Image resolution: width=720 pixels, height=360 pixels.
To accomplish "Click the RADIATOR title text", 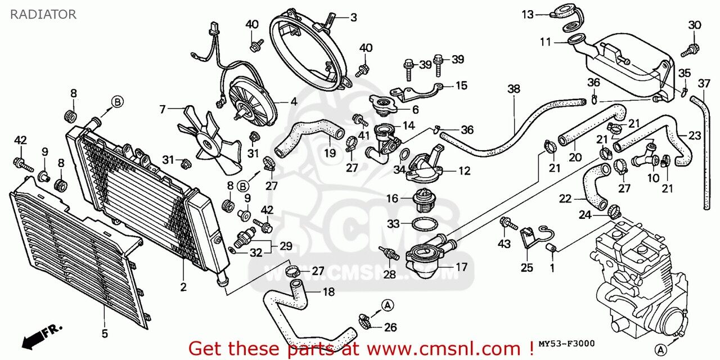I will [x=43, y=15].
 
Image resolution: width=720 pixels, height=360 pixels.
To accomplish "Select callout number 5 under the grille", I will [x=105, y=334].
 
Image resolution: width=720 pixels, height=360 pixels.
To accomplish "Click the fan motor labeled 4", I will [x=253, y=104].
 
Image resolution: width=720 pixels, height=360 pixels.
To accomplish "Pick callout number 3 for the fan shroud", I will [x=353, y=17].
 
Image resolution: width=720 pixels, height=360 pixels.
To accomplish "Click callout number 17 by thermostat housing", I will [x=461, y=267].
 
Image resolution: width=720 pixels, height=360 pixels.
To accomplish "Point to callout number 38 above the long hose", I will [x=514, y=89].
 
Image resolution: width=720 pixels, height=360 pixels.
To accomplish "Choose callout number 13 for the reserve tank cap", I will [x=527, y=14].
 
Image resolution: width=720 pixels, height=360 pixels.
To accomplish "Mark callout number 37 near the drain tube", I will [x=704, y=84].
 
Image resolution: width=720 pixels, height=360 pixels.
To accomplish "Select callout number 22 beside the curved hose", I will [x=565, y=198].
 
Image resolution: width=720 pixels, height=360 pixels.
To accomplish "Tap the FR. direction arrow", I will [x=43, y=335].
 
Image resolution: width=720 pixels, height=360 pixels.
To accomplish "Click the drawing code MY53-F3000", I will [x=566, y=344].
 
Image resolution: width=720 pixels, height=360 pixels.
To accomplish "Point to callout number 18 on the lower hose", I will [x=328, y=291].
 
